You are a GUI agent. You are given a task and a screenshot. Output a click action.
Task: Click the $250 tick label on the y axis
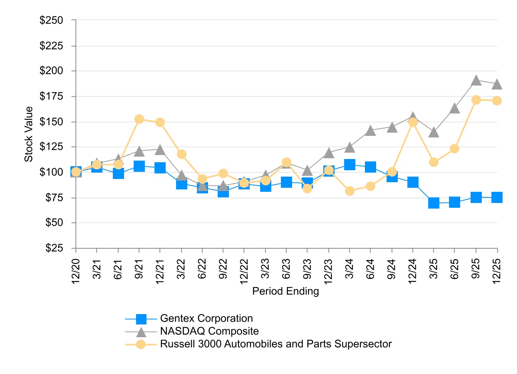52,20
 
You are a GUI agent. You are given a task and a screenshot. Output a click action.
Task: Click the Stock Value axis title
29,134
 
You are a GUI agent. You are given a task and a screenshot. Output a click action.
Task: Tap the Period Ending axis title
285,291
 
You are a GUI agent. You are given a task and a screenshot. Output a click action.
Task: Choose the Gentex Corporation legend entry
206,318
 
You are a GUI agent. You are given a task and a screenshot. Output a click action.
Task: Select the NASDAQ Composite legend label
209,331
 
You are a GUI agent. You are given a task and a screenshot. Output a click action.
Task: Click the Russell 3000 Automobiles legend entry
276,344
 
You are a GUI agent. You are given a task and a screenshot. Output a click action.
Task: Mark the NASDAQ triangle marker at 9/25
476,80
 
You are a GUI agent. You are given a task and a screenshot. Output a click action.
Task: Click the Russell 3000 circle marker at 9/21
139,119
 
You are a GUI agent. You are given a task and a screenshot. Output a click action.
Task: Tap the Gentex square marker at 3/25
434,203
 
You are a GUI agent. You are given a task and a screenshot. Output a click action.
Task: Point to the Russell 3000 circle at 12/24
413,122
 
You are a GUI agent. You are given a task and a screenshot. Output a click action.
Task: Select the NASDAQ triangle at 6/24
371,131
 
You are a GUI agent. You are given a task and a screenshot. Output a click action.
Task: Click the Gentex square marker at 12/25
497,197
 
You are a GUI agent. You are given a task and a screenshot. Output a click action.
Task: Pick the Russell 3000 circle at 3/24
350,191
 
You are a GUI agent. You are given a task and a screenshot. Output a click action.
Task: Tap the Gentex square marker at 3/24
350,164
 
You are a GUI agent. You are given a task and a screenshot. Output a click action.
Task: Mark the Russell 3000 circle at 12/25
497,101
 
